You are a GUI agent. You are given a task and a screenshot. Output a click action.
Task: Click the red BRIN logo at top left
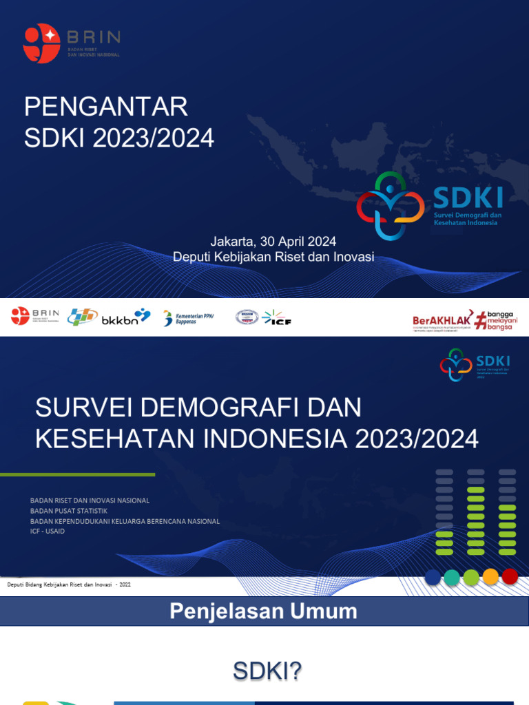pos(41,44)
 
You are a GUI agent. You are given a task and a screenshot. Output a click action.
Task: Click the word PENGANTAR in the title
pos(106,107)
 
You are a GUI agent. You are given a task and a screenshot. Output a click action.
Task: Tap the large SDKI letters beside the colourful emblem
pos(468,198)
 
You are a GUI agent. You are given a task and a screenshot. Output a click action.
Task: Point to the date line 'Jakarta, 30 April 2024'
pos(273,242)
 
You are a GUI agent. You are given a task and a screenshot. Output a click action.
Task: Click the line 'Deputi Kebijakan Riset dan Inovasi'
pos(273,257)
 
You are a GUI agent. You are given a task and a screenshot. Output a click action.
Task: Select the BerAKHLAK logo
pos(440,320)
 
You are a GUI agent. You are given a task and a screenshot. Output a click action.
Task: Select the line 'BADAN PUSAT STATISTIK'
pos(69,511)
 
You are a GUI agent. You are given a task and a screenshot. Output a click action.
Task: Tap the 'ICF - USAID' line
pos(48,532)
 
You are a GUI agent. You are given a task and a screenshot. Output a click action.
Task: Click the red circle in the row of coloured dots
pos(510,577)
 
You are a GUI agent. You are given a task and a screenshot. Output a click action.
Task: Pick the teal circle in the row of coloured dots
pos(452,577)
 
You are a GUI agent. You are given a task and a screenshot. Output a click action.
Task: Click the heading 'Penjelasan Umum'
pos(264,611)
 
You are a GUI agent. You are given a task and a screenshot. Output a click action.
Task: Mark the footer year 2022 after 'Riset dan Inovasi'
pos(125,585)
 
